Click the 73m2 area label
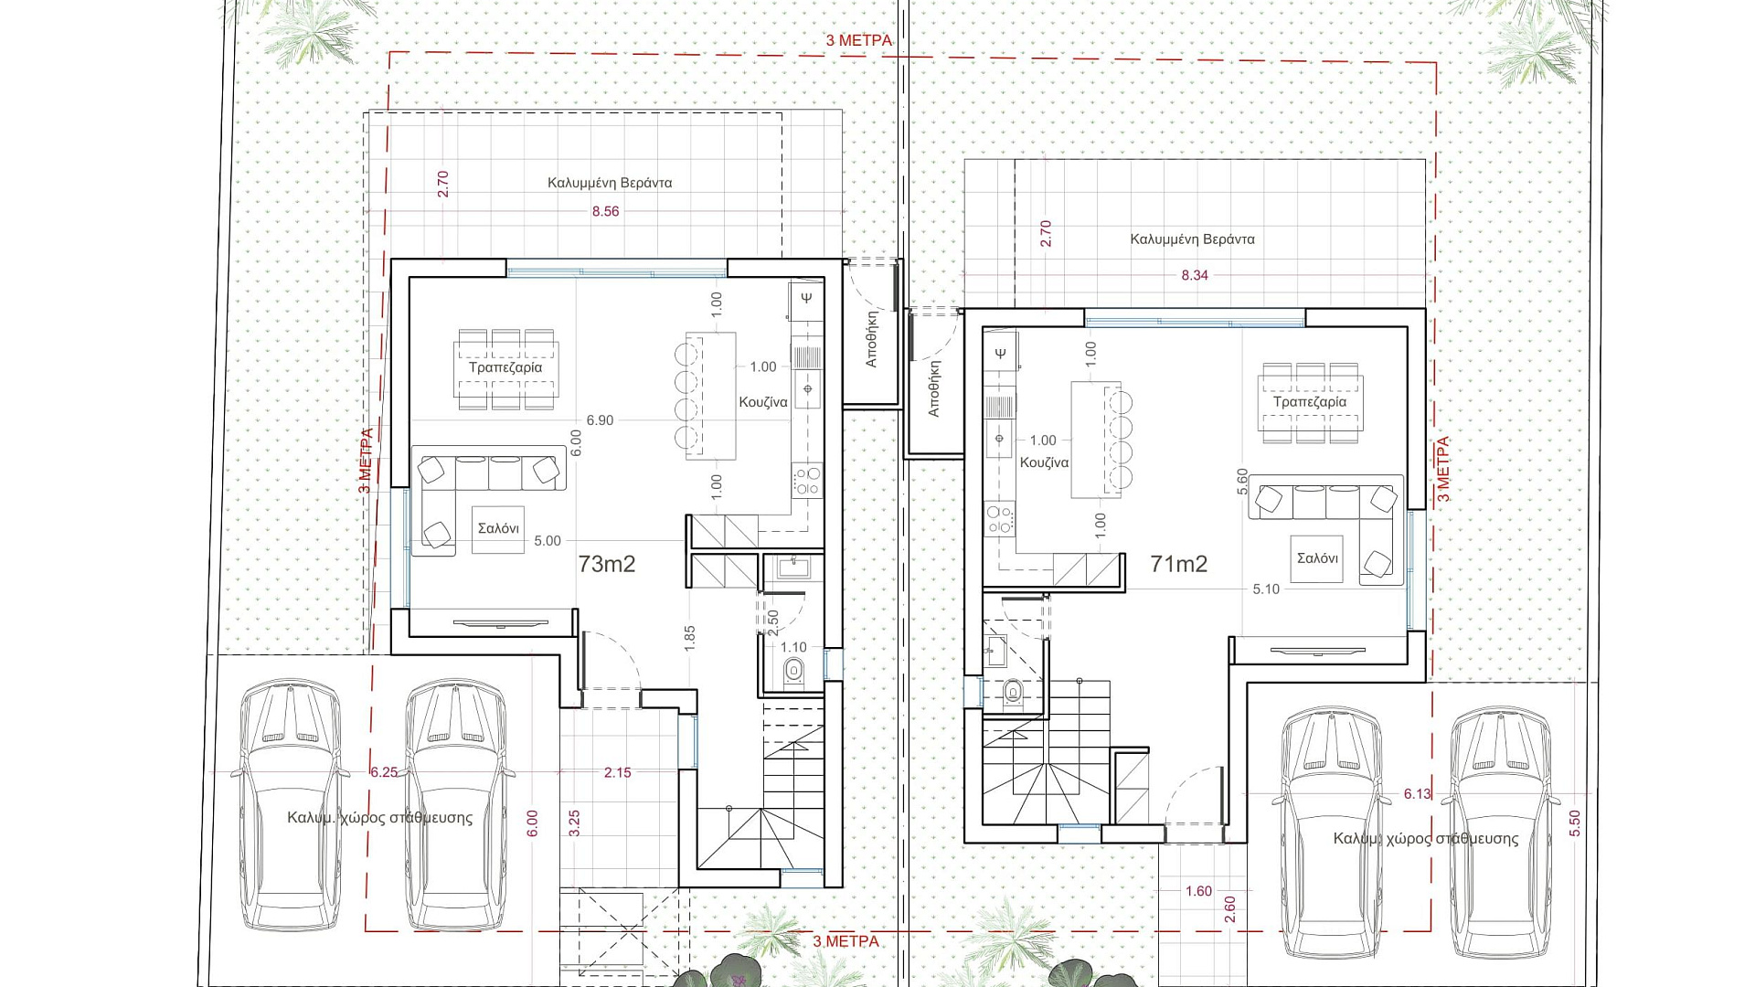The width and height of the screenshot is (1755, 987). click(x=606, y=564)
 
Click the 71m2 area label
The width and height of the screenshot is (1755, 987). click(x=1179, y=564)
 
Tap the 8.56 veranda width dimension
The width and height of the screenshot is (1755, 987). click(x=605, y=211)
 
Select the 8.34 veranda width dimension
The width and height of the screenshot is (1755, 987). click(x=1195, y=275)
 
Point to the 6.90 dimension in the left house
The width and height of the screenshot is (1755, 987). click(x=600, y=420)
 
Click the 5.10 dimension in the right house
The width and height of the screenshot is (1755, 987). click(x=1266, y=589)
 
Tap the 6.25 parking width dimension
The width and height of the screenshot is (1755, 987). click(x=385, y=772)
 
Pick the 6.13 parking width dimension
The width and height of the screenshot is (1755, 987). click(x=1418, y=794)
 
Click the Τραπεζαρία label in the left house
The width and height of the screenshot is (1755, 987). click(x=505, y=367)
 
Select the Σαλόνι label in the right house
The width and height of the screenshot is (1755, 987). click(x=1317, y=558)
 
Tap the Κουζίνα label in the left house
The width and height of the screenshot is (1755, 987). click(x=763, y=402)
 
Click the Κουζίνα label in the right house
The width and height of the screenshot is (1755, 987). click(x=1044, y=462)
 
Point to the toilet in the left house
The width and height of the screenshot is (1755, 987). click(x=792, y=670)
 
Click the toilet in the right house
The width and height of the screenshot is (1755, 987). click(x=1013, y=692)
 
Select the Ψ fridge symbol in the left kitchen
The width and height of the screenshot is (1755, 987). click(x=806, y=297)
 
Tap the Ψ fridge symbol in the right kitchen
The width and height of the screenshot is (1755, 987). click(x=1000, y=353)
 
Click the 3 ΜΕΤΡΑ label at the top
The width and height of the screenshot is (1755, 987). click(x=858, y=40)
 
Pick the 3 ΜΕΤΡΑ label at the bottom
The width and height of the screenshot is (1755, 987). click(x=846, y=941)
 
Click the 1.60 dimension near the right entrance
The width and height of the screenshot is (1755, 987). click(x=1198, y=891)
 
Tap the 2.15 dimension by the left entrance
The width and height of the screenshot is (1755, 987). click(x=617, y=772)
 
